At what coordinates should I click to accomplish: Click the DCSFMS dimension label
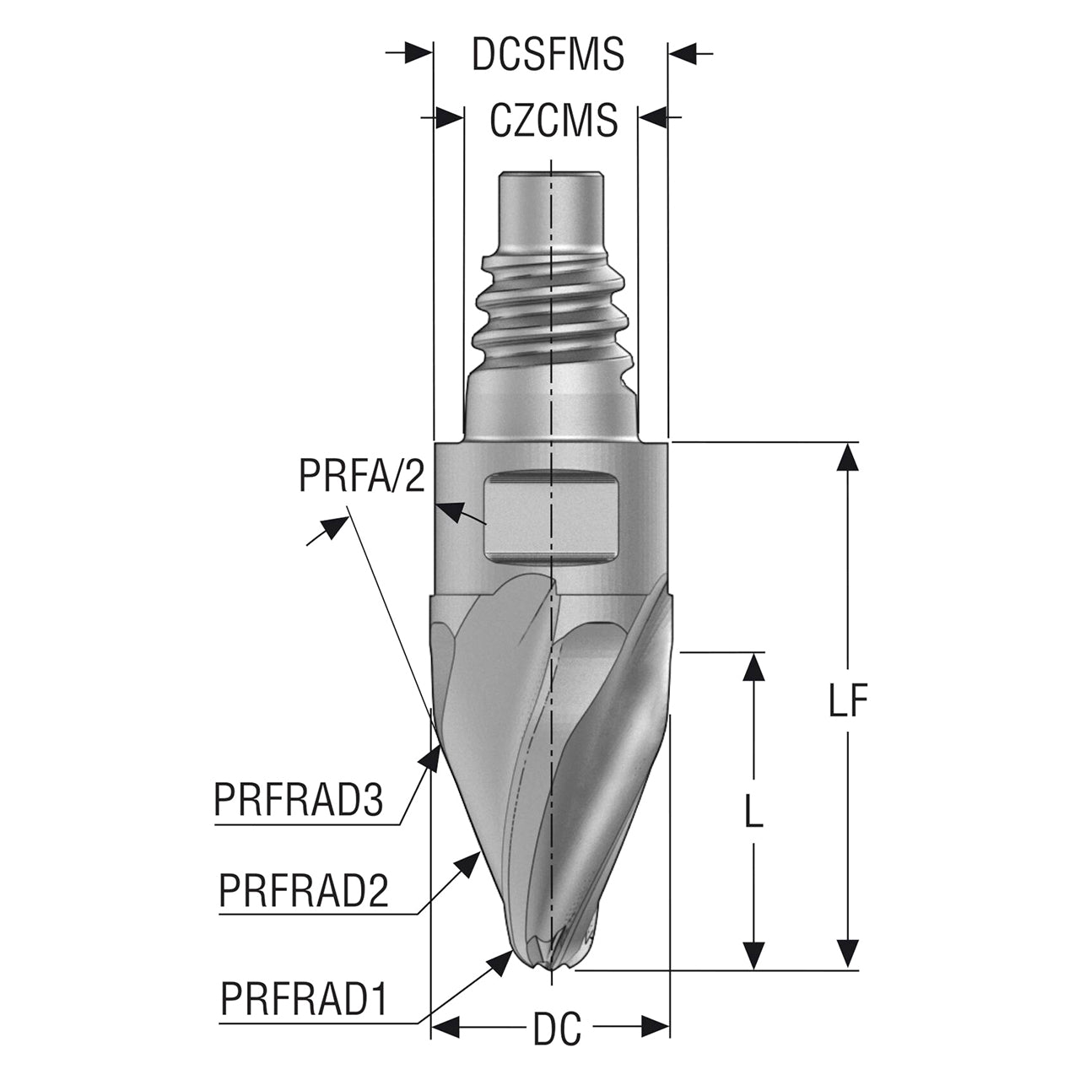(x=548, y=54)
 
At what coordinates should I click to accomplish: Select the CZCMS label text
(x=553, y=120)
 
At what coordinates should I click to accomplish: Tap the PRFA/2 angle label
(x=362, y=475)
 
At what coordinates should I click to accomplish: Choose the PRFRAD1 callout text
(x=305, y=998)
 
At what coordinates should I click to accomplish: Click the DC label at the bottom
(x=557, y=1028)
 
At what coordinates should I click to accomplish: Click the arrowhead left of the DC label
(x=446, y=1028)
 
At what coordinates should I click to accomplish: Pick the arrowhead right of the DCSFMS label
(x=682, y=54)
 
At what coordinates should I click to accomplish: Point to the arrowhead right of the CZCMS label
(x=652, y=117)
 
